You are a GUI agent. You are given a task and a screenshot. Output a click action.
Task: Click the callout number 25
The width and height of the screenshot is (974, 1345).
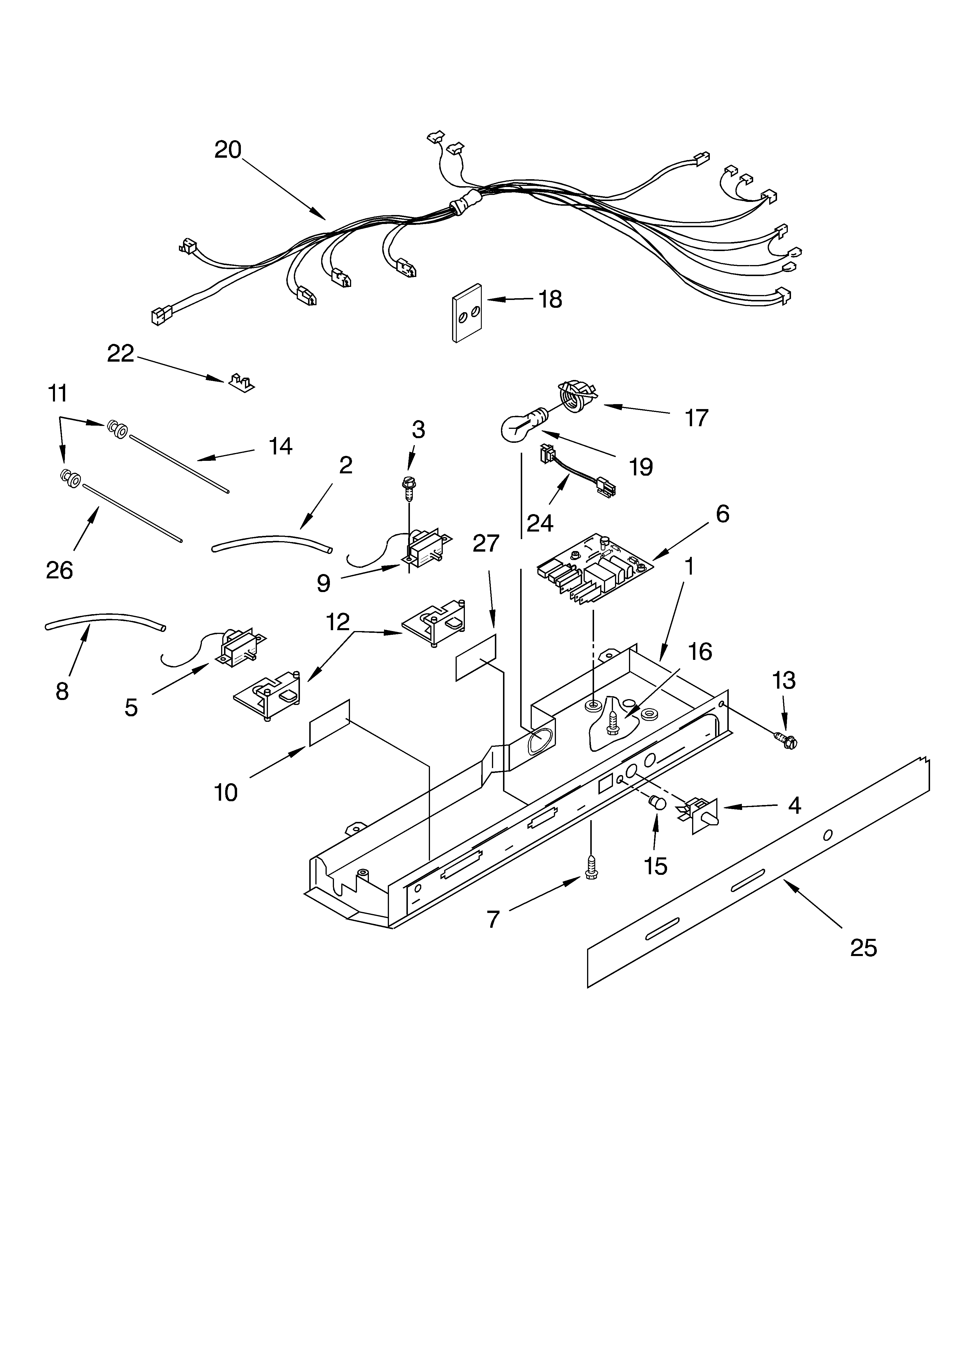863,948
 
